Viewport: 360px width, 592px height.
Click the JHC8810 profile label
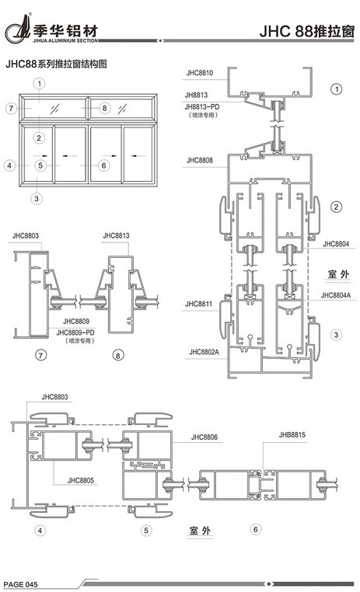pyautogui.click(x=200, y=73)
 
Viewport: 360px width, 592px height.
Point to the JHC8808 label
pyautogui.click(x=200, y=160)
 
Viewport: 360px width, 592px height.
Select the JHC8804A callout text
pyautogui.click(x=336, y=295)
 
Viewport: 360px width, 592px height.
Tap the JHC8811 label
pyautogui.click(x=198, y=304)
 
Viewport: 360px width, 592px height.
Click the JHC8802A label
pyautogui.click(x=204, y=352)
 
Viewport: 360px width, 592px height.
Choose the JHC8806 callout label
pyautogui.click(x=204, y=437)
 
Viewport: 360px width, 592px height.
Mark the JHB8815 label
pyautogui.click(x=292, y=435)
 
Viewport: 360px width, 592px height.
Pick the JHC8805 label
pyautogui.click(x=80, y=481)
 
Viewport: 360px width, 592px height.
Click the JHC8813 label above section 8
pyautogui.click(x=116, y=235)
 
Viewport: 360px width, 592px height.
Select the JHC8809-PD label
pyautogui.click(x=75, y=333)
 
